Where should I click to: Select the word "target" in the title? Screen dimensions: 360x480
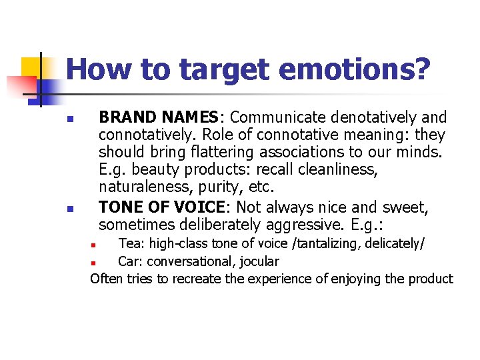(227, 70)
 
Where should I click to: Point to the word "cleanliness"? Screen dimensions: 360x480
(336, 170)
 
